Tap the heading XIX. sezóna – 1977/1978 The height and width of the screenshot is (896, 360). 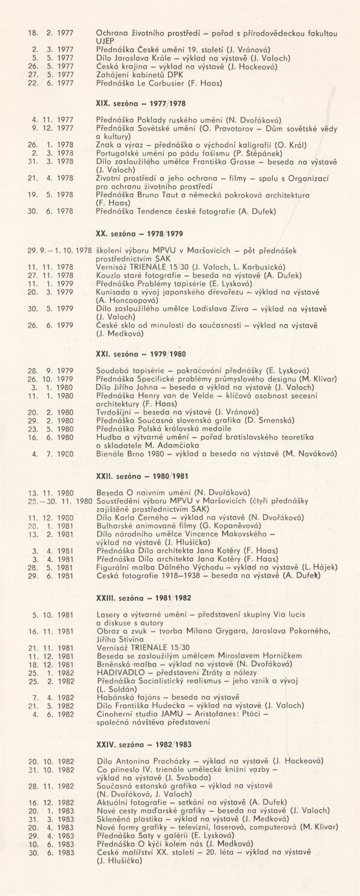pos(141,104)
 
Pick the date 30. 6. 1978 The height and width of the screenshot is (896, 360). pos(50,211)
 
